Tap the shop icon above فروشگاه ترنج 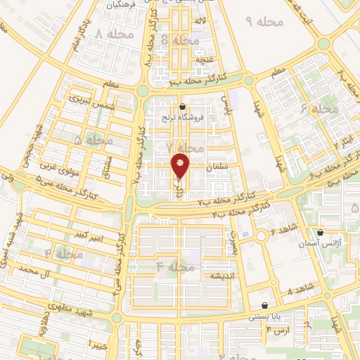[184, 108]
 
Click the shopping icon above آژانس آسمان [320, 231]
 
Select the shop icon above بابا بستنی [264, 306]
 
